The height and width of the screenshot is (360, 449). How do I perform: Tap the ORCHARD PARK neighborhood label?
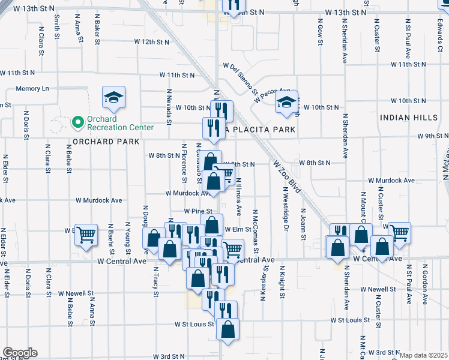(x=106, y=142)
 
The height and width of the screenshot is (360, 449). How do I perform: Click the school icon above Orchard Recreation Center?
(x=112, y=98)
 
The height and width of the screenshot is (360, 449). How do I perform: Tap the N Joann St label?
(x=304, y=224)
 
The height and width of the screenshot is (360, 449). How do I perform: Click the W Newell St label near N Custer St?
(x=378, y=289)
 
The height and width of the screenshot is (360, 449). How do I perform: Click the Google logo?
(x=19, y=353)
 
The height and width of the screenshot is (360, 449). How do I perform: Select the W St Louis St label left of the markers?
(x=194, y=324)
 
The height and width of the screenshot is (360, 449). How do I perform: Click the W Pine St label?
(x=199, y=211)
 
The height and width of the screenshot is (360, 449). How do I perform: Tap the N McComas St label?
(x=255, y=225)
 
